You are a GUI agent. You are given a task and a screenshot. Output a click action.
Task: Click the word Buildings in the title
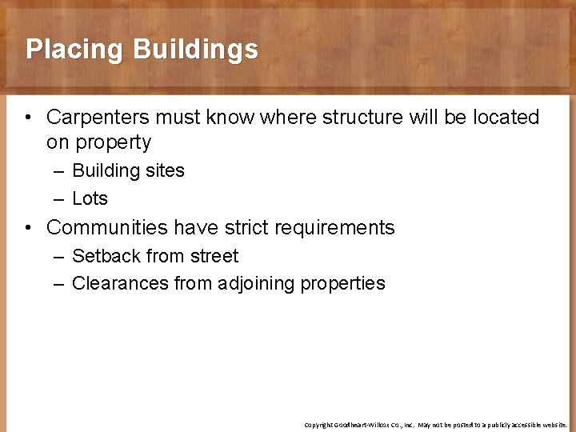196,50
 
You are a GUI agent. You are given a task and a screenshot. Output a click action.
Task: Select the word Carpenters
98,117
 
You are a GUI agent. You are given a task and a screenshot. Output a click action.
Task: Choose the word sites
165,170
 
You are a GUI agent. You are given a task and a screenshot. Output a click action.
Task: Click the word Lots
90,198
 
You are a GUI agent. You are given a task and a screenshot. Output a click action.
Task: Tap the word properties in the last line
342,284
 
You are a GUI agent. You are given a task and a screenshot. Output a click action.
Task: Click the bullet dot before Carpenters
28,118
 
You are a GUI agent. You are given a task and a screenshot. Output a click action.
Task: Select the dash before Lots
60,198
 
